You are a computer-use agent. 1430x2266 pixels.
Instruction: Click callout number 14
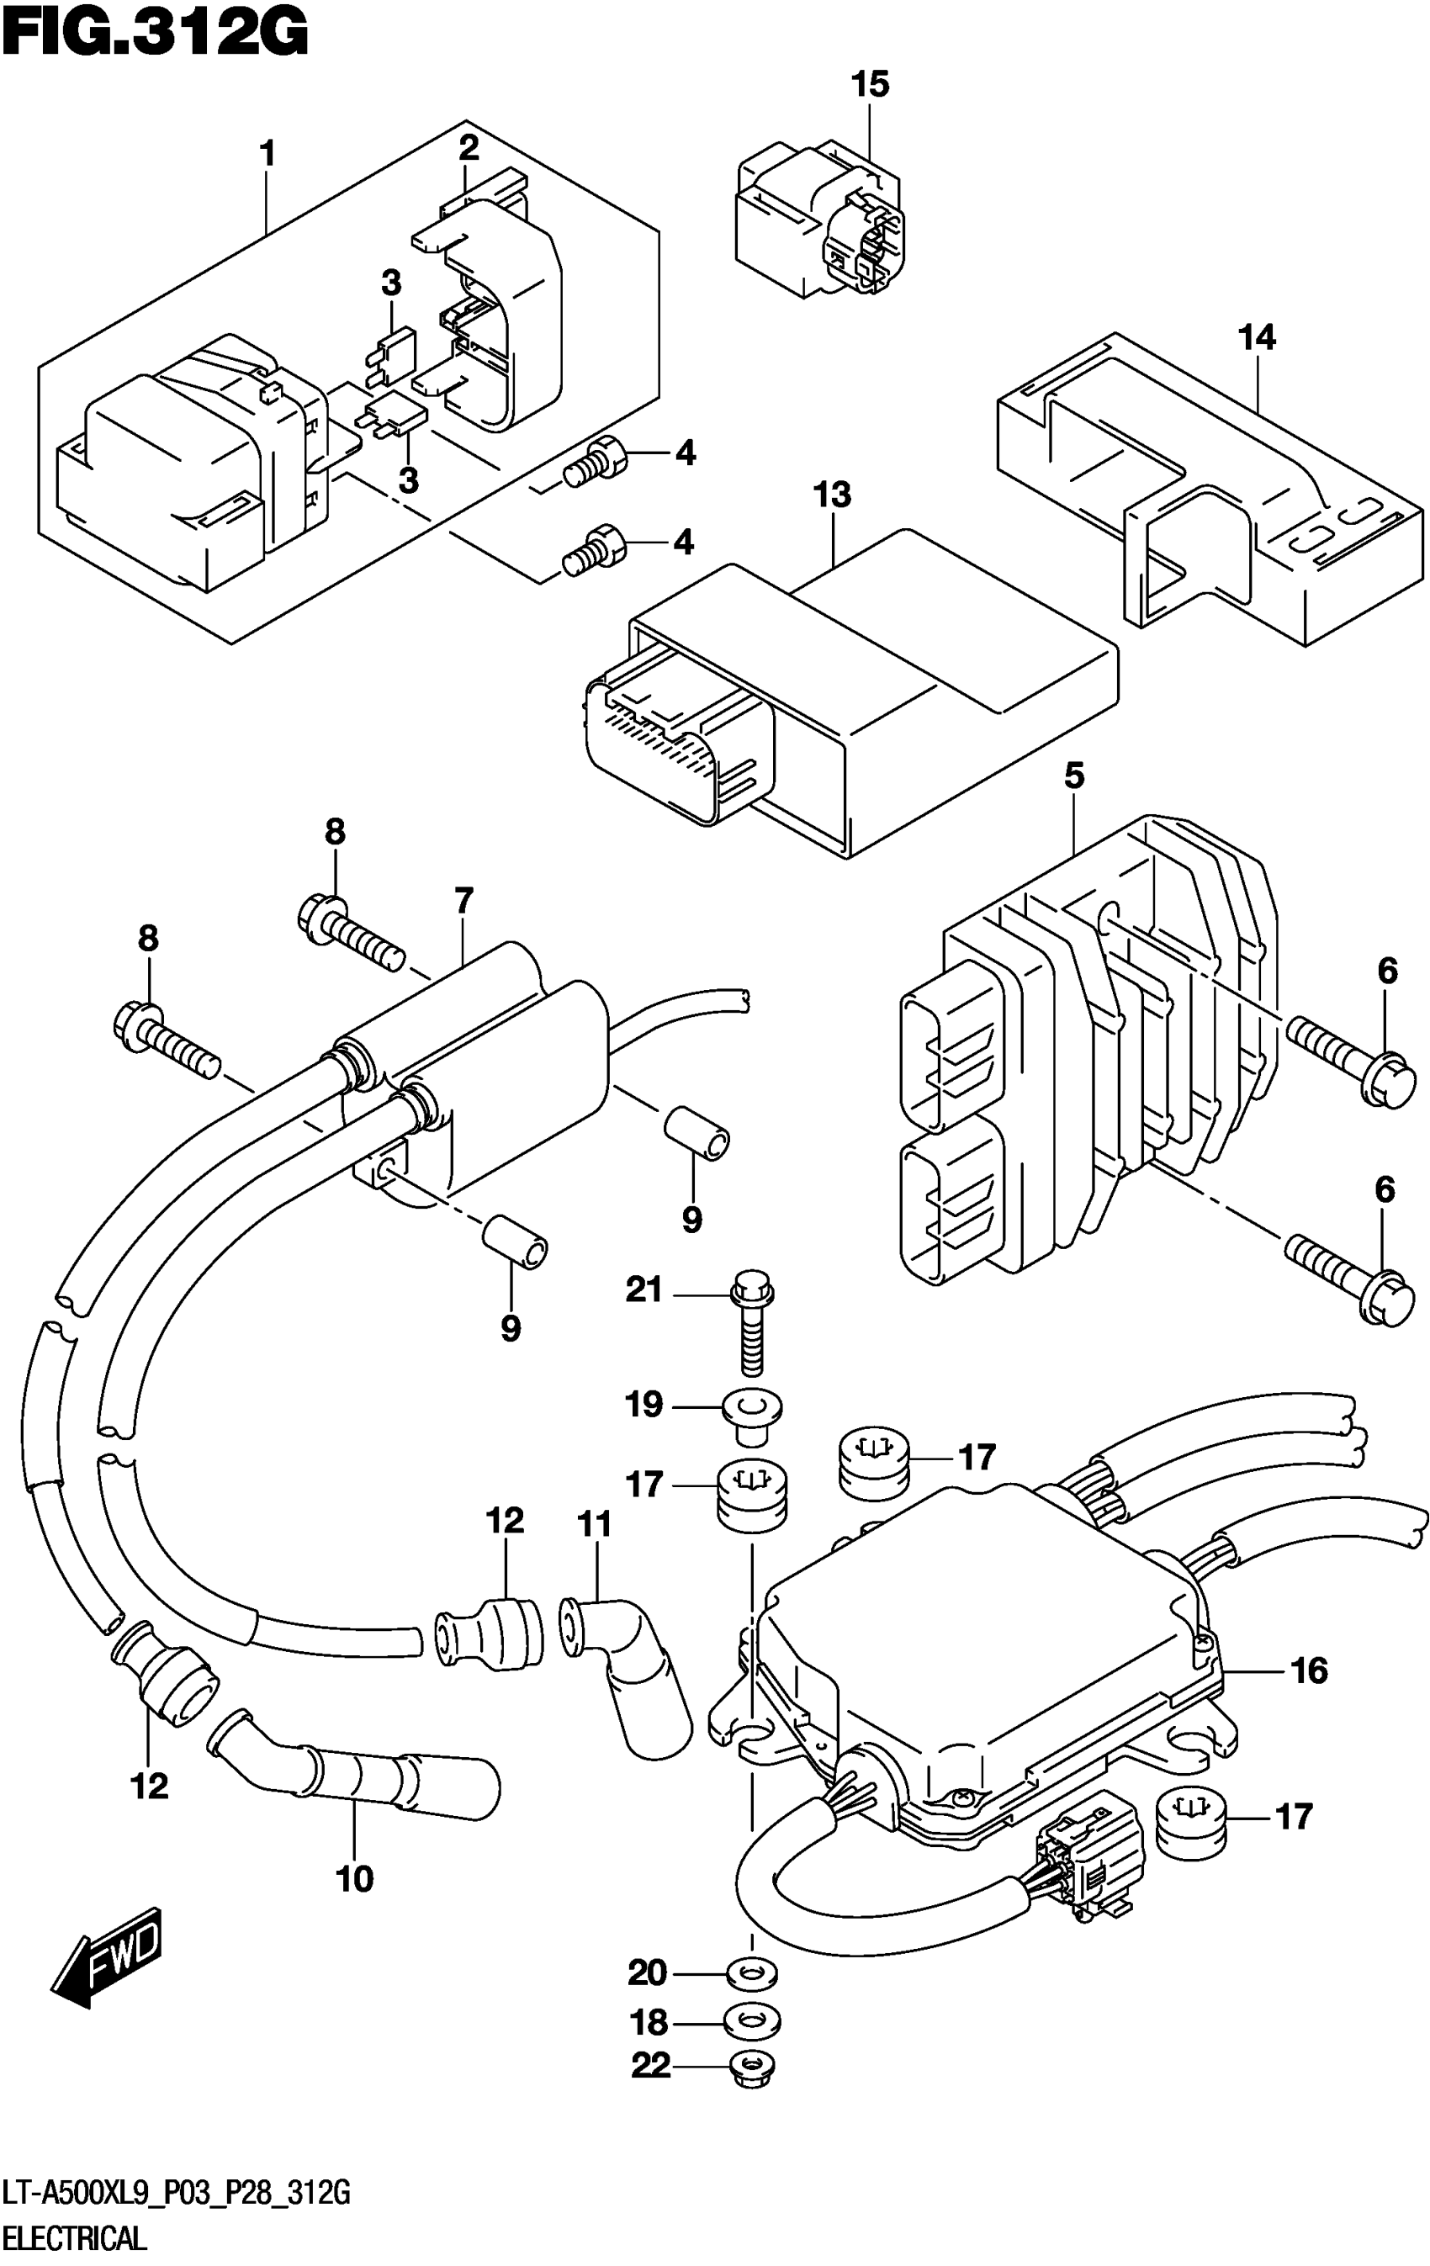tap(1257, 337)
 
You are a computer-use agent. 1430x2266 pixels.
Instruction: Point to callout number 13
tap(833, 495)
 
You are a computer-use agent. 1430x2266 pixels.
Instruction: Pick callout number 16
tap(1309, 1671)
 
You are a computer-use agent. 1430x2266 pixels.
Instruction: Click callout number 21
tap(644, 1290)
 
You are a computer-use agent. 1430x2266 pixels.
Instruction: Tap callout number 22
tap(650, 2066)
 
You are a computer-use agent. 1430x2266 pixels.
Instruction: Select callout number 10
tap(355, 1879)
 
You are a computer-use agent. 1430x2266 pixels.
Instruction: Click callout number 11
tap(594, 1523)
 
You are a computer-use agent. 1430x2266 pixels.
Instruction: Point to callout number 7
tap(463, 901)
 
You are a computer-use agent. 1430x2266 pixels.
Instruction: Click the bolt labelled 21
tap(752, 1318)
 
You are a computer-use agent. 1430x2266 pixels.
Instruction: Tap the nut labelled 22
tap(752, 2067)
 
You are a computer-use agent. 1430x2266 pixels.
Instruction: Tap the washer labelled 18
tap(753, 2020)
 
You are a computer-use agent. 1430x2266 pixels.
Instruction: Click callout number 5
tap(1073, 776)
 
